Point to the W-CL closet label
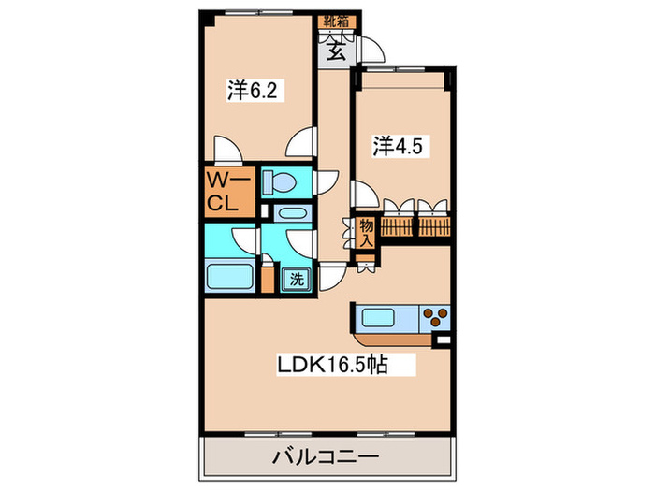pyautogui.click(x=226, y=191)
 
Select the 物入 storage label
pyautogui.click(x=367, y=232)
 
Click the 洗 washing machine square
pyautogui.click(x=296, y=277)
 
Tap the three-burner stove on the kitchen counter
pyautogui.click(x=435, y=316)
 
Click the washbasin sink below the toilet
pyautogui.click(x=288, y=213)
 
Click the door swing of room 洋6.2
pyautogui.click(x=226, y=150)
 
